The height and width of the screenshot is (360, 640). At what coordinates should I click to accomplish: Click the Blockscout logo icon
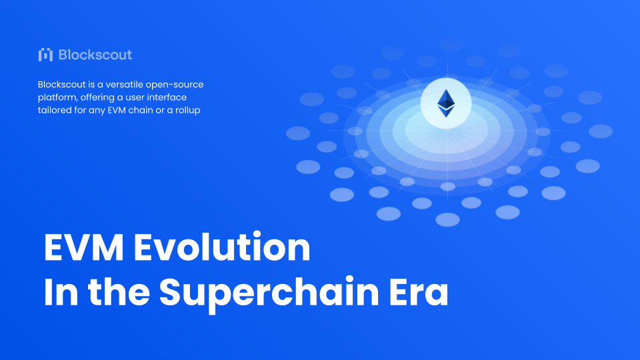46,55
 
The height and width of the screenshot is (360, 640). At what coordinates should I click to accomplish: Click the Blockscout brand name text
95,55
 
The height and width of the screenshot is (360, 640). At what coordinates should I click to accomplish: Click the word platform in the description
58,98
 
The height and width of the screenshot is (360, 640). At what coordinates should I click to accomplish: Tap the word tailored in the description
55,110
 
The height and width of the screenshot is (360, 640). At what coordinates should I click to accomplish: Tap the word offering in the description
99,98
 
